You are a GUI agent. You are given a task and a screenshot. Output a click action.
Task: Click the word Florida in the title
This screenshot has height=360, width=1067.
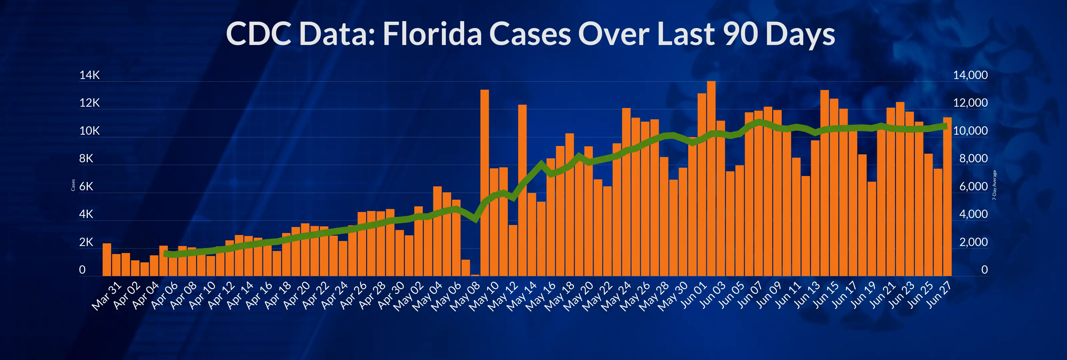point(432,34)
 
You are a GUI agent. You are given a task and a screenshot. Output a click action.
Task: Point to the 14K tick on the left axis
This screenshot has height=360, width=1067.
point(89,75)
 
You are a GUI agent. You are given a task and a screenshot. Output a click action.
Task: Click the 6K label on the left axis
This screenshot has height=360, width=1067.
point(86,186)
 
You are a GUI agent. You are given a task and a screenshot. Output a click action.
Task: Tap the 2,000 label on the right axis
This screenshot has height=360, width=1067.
point(973,242)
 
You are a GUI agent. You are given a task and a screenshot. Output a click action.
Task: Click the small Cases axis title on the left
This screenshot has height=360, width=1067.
point(73,185)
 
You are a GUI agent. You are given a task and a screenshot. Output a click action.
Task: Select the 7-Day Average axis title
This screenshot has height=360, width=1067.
point(994,185)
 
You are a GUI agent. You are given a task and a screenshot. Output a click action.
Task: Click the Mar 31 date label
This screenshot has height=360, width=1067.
point(107,296)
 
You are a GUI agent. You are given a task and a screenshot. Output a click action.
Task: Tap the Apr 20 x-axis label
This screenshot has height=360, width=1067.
point(296,295)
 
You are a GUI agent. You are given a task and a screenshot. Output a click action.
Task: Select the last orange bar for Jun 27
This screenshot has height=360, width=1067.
point(947,197)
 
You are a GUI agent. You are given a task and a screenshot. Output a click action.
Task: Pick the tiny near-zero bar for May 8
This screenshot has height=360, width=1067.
point(475,275)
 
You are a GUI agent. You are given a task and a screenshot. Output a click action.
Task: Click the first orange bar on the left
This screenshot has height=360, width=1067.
point(107,260)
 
